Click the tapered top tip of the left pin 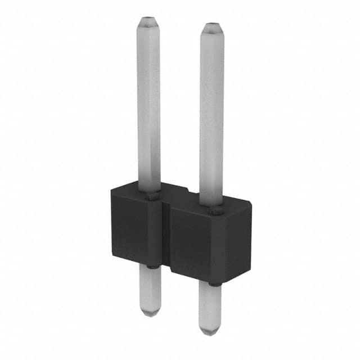point(148,22)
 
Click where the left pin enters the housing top point(150,195)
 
